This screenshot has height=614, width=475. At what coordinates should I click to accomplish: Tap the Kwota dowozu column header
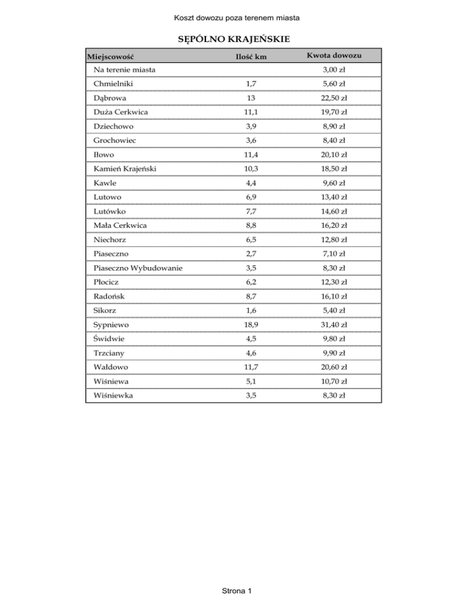(334, 57)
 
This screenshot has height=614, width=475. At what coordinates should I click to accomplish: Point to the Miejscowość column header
(111, 57)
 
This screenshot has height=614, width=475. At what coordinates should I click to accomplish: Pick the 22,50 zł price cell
(334, 98)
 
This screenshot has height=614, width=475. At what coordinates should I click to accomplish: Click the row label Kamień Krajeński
(124, 169)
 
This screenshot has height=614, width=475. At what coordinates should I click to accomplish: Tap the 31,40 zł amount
(334, 324)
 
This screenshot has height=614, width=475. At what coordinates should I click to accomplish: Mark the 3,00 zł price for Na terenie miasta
(334, 70)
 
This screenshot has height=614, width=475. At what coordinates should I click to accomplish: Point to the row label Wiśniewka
(112, 395)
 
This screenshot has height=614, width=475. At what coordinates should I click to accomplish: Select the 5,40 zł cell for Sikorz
(334, 310)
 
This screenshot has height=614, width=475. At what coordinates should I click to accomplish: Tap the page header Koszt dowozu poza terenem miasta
(237, 8)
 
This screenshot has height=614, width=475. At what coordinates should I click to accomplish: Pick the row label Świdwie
(109, 339)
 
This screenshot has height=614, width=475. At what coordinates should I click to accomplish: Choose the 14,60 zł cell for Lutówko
(334, 211)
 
